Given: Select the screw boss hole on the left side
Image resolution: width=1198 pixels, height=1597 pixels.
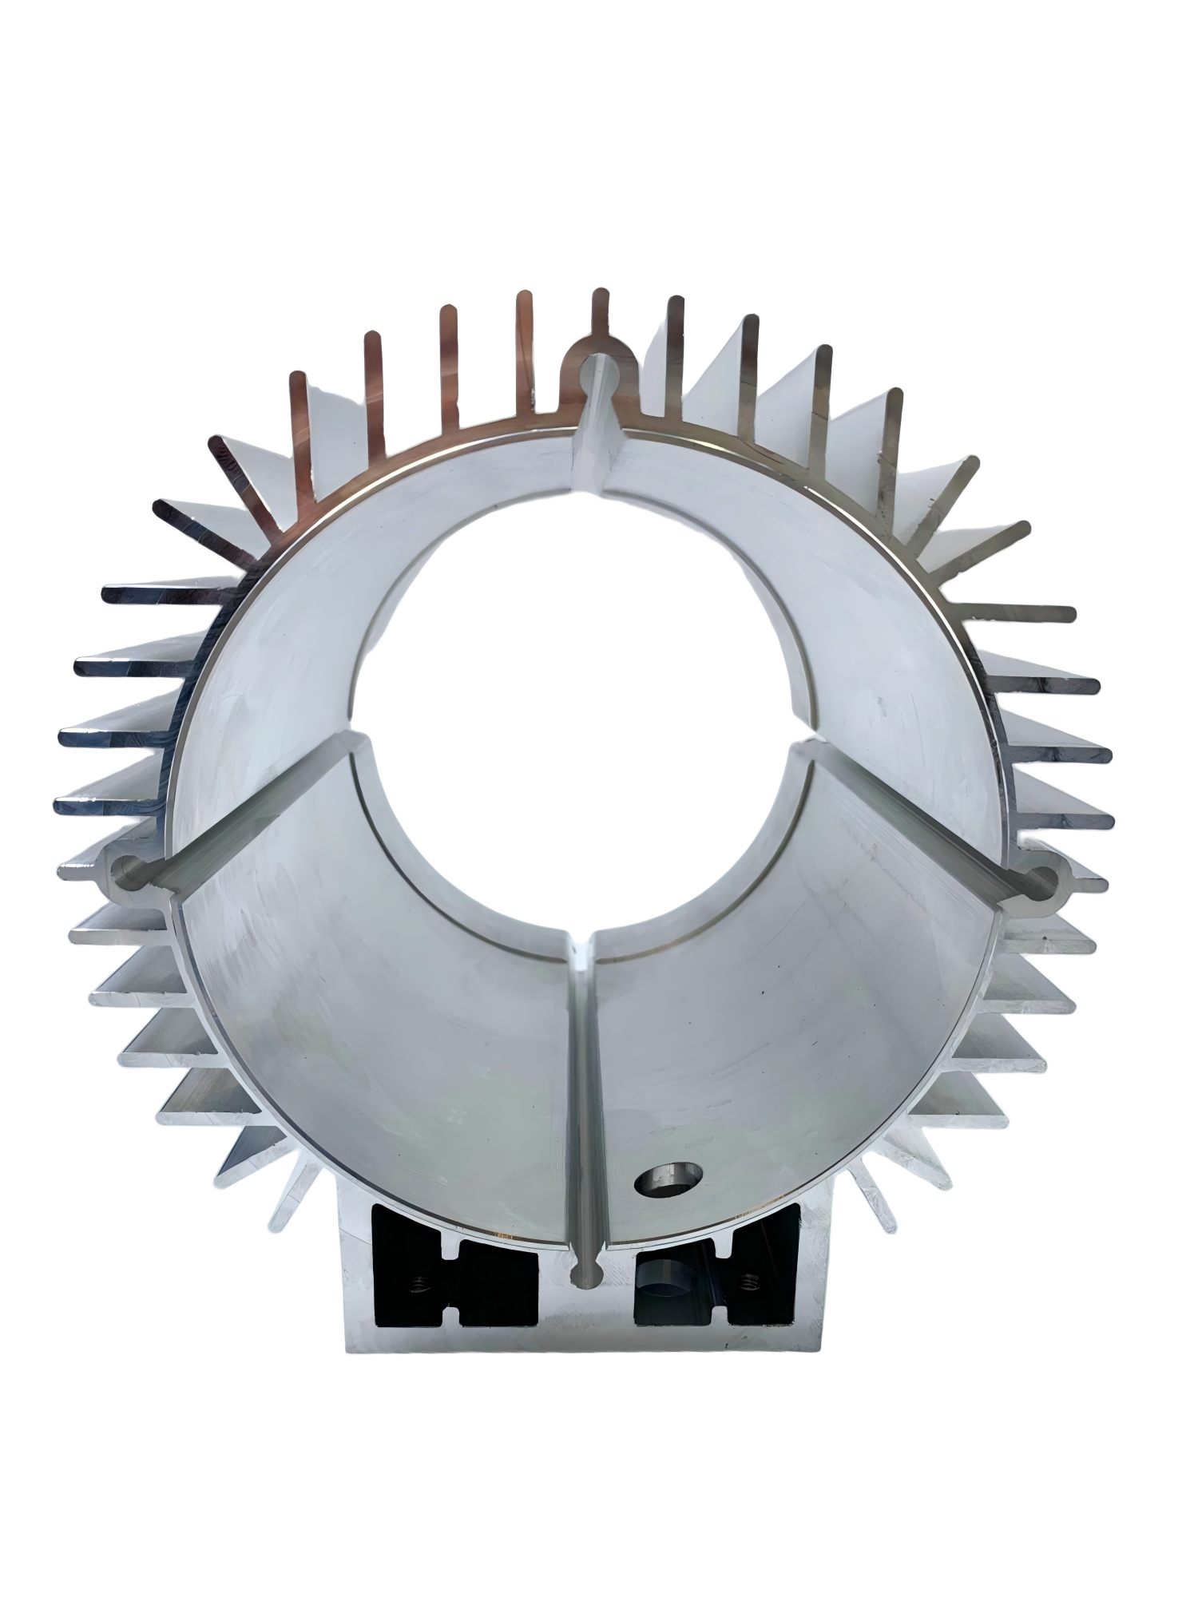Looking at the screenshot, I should tap(128, 870).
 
